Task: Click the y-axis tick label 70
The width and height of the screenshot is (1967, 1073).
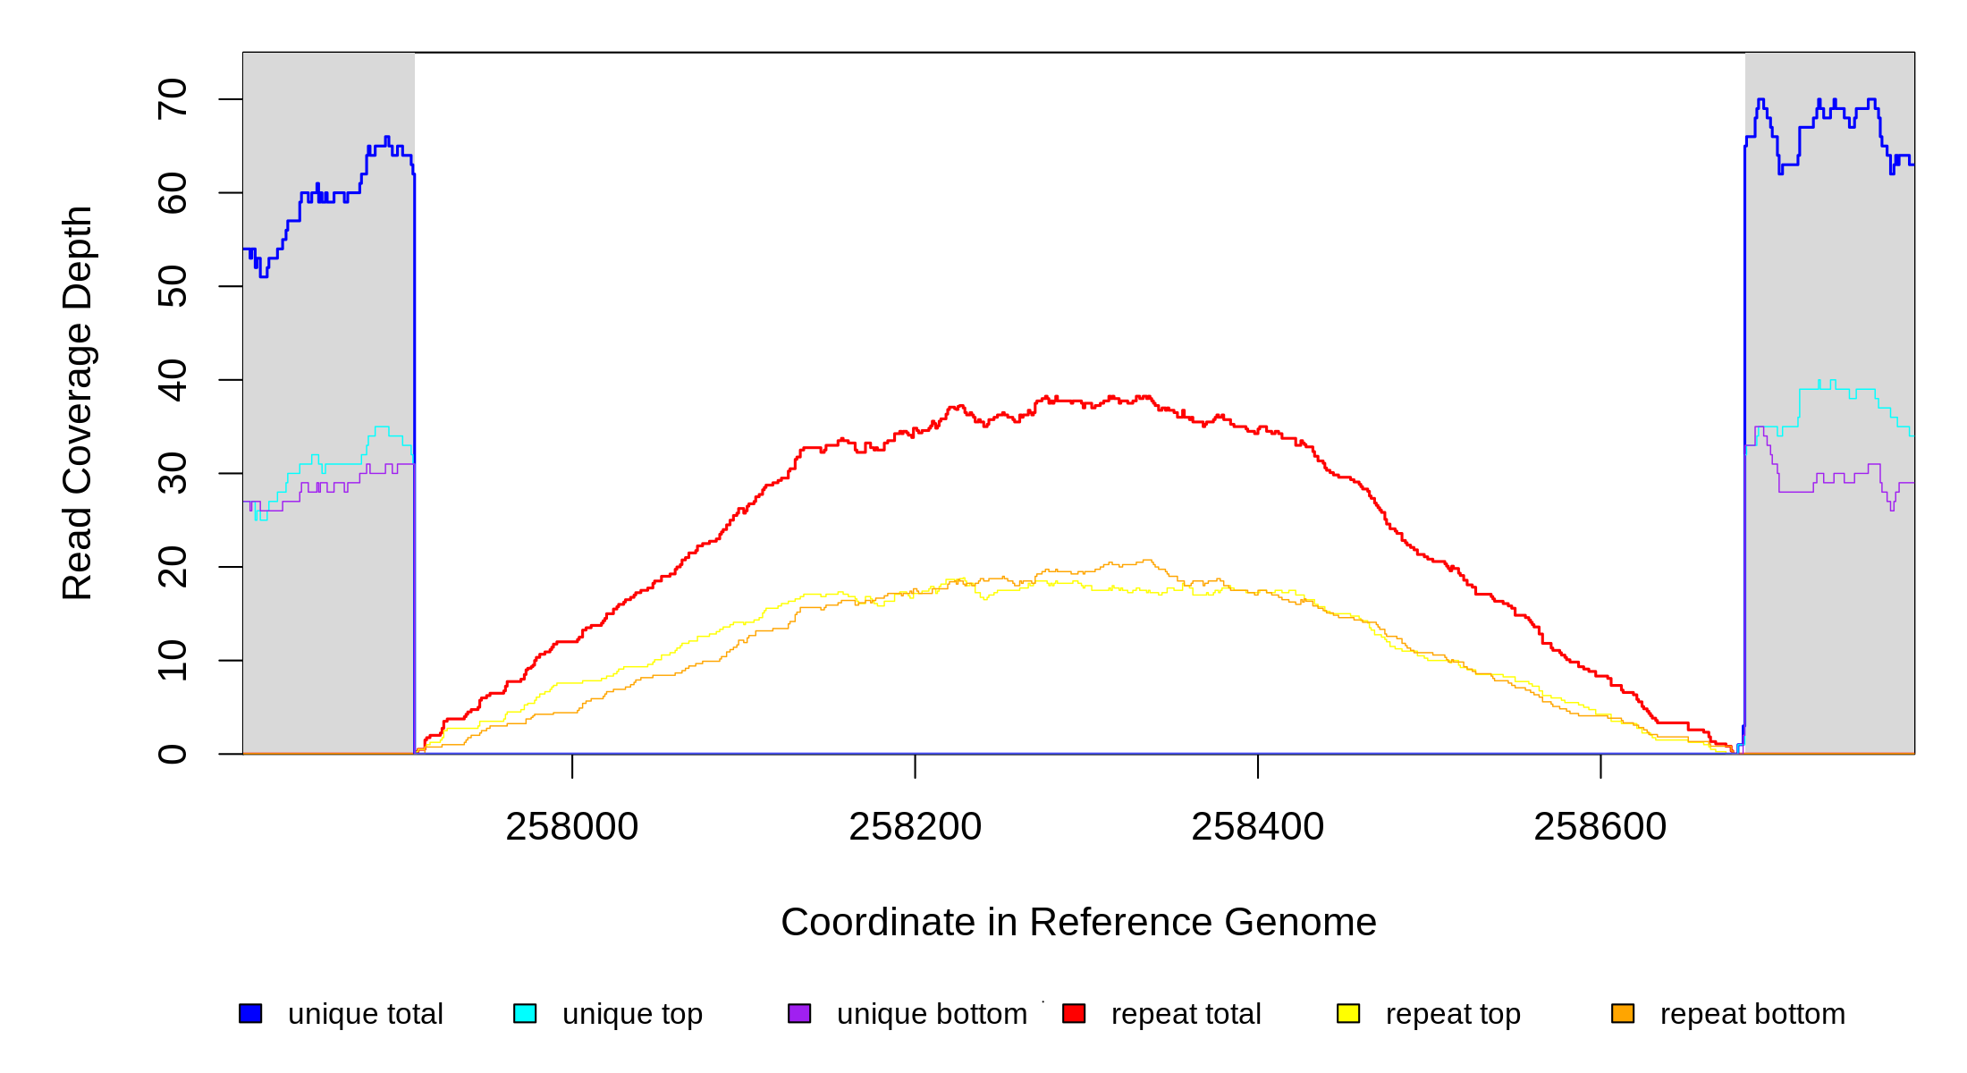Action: click(x=172, y=99)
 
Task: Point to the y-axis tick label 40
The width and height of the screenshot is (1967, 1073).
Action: click(x=172, y=380)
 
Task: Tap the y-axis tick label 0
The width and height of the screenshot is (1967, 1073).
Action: click(x=172, y=754)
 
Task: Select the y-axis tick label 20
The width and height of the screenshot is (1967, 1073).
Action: click(x=172, y=567)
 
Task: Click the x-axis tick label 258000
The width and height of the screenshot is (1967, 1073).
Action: click(x=572, y=827)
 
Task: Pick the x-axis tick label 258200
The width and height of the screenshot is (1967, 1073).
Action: click(x=915, y=827)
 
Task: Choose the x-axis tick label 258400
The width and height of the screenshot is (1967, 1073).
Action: click(x=1257, y=827)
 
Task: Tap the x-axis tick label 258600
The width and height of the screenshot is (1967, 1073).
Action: click(x=1600, y=827)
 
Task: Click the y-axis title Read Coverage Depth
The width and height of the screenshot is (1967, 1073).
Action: click(x=78, y=402)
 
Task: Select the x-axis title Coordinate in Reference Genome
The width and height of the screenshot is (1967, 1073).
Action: click(x=1078, y=922)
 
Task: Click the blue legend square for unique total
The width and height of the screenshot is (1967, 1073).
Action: click(x=250, y=1013)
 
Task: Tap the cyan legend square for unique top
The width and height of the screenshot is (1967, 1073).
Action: click(x=525, y=1013)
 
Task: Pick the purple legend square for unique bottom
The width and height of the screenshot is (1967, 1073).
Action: click(x=799, y=1013)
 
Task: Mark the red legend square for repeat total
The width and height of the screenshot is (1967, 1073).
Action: click(x=1074, y=1013)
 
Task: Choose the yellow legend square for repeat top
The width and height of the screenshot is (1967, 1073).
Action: click(x=1348, y=1013)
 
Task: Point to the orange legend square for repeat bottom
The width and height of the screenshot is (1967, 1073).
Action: click(x=1623, y=1013)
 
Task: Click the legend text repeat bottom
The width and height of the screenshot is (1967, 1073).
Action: click(x=1752, y=1014)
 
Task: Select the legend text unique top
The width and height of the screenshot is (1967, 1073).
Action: click(x=632, y=1014)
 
